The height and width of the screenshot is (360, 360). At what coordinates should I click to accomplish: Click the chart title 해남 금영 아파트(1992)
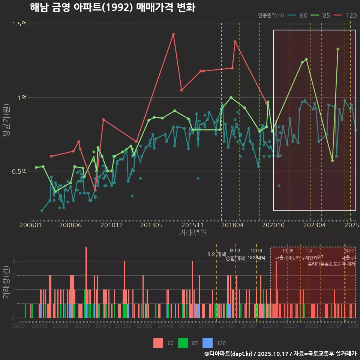click(112, 7)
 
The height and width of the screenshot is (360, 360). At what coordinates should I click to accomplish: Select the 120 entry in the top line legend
click(351, 15)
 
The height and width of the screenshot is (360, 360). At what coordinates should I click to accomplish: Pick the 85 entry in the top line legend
click(326, 15)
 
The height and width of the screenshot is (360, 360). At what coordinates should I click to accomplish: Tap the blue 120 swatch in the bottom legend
click(207, 343)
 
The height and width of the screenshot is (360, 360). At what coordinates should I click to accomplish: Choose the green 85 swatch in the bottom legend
click(183, 343)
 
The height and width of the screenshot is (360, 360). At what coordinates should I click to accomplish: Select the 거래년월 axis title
click(193, 233)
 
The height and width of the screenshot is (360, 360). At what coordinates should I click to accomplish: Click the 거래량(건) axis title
click(6, 282)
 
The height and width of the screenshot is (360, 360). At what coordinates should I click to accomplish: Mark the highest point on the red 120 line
click(173, 34)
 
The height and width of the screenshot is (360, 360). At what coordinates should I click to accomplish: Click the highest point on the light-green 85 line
click(338, 49)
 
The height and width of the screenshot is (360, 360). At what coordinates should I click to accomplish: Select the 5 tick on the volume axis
click(13, 247)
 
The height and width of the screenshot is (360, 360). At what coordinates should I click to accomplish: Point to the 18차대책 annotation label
click(256, 258)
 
